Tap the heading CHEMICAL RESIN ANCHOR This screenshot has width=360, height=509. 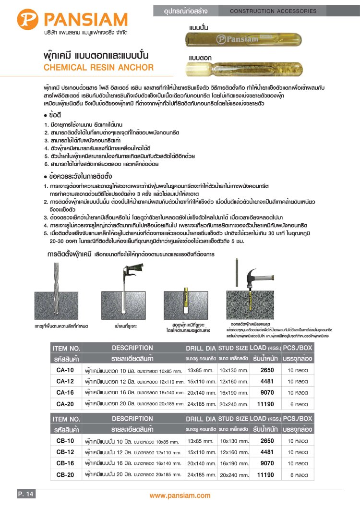click(98, 68)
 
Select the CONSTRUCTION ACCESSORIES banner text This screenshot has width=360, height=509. click(280, 11)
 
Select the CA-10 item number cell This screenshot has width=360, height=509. click(65, 370)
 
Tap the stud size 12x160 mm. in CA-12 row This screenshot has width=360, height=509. click(233, 382)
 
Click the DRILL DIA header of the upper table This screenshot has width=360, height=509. click(201, 348)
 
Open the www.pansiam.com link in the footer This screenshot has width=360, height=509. click(180, 496)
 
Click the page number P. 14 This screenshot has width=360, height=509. click(26, 494)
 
